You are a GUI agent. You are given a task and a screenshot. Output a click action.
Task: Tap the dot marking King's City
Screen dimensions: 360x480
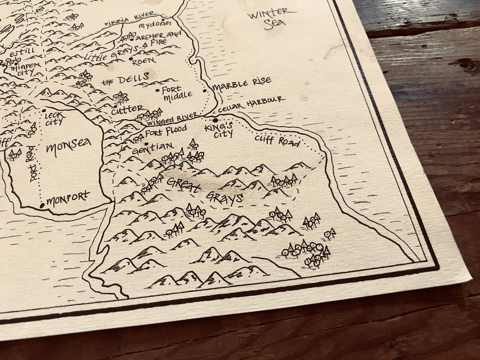coord(215,120)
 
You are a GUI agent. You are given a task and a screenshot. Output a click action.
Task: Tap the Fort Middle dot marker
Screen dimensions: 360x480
coord(157,90)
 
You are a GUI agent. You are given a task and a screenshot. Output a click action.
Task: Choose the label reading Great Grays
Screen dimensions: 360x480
coord(205,190)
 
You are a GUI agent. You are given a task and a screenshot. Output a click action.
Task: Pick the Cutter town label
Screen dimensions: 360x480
coord(127,109)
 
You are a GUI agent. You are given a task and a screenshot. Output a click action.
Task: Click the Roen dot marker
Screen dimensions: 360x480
coord(131,59)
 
